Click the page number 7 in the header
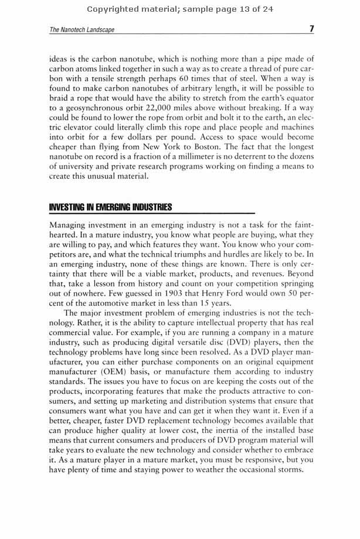pyautogui.click(x=312, y=29)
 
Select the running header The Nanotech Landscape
pyautogui.click(x=82, y=30)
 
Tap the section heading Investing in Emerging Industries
pyautogui.click(x=110, y=207)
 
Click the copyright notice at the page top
pyautogui.click(x=180, y=9)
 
